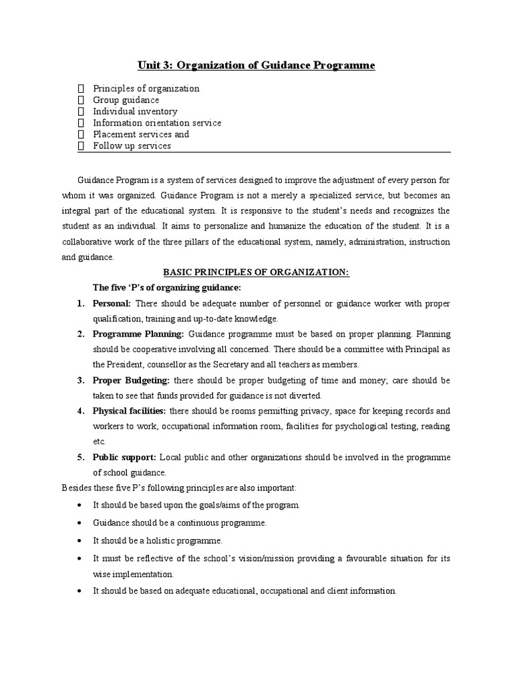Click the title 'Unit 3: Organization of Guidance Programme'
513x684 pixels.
(x=256, y=65)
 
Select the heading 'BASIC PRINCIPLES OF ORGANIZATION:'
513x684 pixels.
(x=256, y=272)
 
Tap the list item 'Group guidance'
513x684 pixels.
(x=126, y=100)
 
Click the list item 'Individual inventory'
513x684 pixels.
(x=135, y=112)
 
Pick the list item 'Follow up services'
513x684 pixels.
(x=132, y=146)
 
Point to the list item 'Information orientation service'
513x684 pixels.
(x=157, y=123)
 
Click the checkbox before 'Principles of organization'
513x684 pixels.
(x=81, y=89)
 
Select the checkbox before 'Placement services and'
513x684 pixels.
(x=81, y=134)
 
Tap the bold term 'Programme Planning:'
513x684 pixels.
(x=138, y=334)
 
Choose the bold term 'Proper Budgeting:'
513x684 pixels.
(x=131, y=380)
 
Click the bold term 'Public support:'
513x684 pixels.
(x=124, y=457)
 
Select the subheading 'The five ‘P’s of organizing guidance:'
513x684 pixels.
(x=166, y=287)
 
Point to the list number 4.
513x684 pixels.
(x=79, y=411)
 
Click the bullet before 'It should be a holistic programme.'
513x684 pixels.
(x=81, y=540)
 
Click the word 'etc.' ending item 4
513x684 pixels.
(x=100, y=442)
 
